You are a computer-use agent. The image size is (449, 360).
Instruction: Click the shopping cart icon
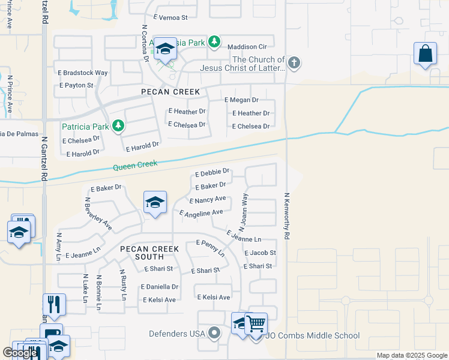click(x=256, y=323)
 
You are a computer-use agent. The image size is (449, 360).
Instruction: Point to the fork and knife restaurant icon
click(x=54, y=304)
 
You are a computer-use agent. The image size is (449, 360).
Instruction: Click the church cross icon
click(x=294, y=62)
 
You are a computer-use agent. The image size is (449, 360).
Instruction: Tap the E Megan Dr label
click(x=241, y=100)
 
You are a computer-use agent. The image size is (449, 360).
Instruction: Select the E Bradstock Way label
click(x=83, y=73)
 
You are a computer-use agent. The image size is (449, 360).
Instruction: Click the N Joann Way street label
click(x=243, y=212)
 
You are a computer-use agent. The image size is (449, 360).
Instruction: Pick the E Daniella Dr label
click(x=160, y=287)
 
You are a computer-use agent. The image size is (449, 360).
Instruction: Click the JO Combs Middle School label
click(x=312, y=336)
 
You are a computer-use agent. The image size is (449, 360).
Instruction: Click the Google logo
click(x=20, y=353)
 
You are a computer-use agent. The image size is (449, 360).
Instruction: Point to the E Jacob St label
click(x=259, y=253)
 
